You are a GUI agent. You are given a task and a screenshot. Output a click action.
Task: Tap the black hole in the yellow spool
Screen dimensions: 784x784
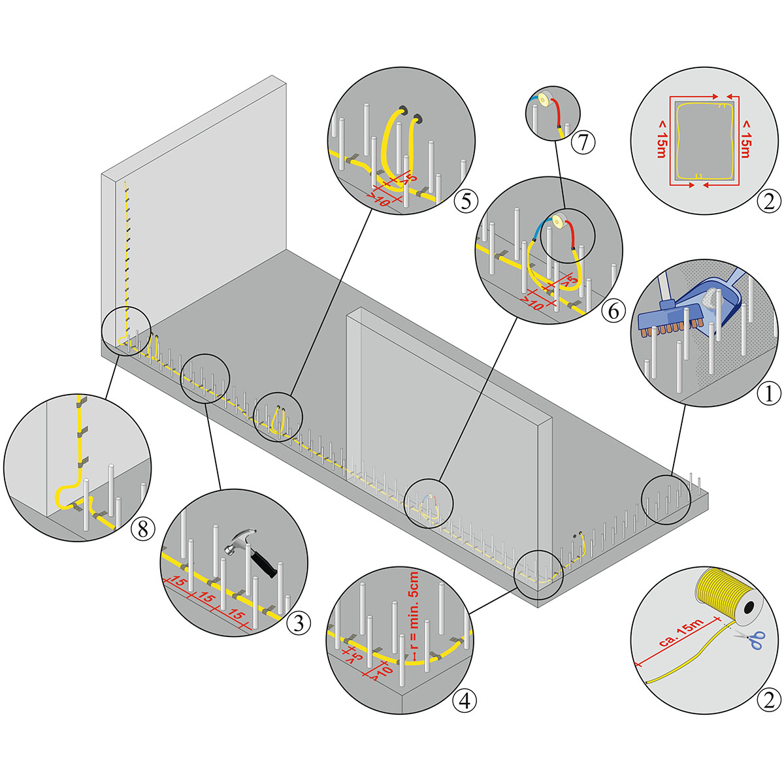pos(748,608)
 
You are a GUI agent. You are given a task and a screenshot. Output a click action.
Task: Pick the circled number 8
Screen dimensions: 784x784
pos(144,529)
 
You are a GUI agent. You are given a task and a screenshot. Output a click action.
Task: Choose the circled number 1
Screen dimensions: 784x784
pos(769,393)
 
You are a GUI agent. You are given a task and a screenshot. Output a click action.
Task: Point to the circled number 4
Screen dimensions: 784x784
pos(465,701)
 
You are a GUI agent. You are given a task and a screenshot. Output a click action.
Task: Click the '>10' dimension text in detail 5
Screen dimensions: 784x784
pos(379,199)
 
